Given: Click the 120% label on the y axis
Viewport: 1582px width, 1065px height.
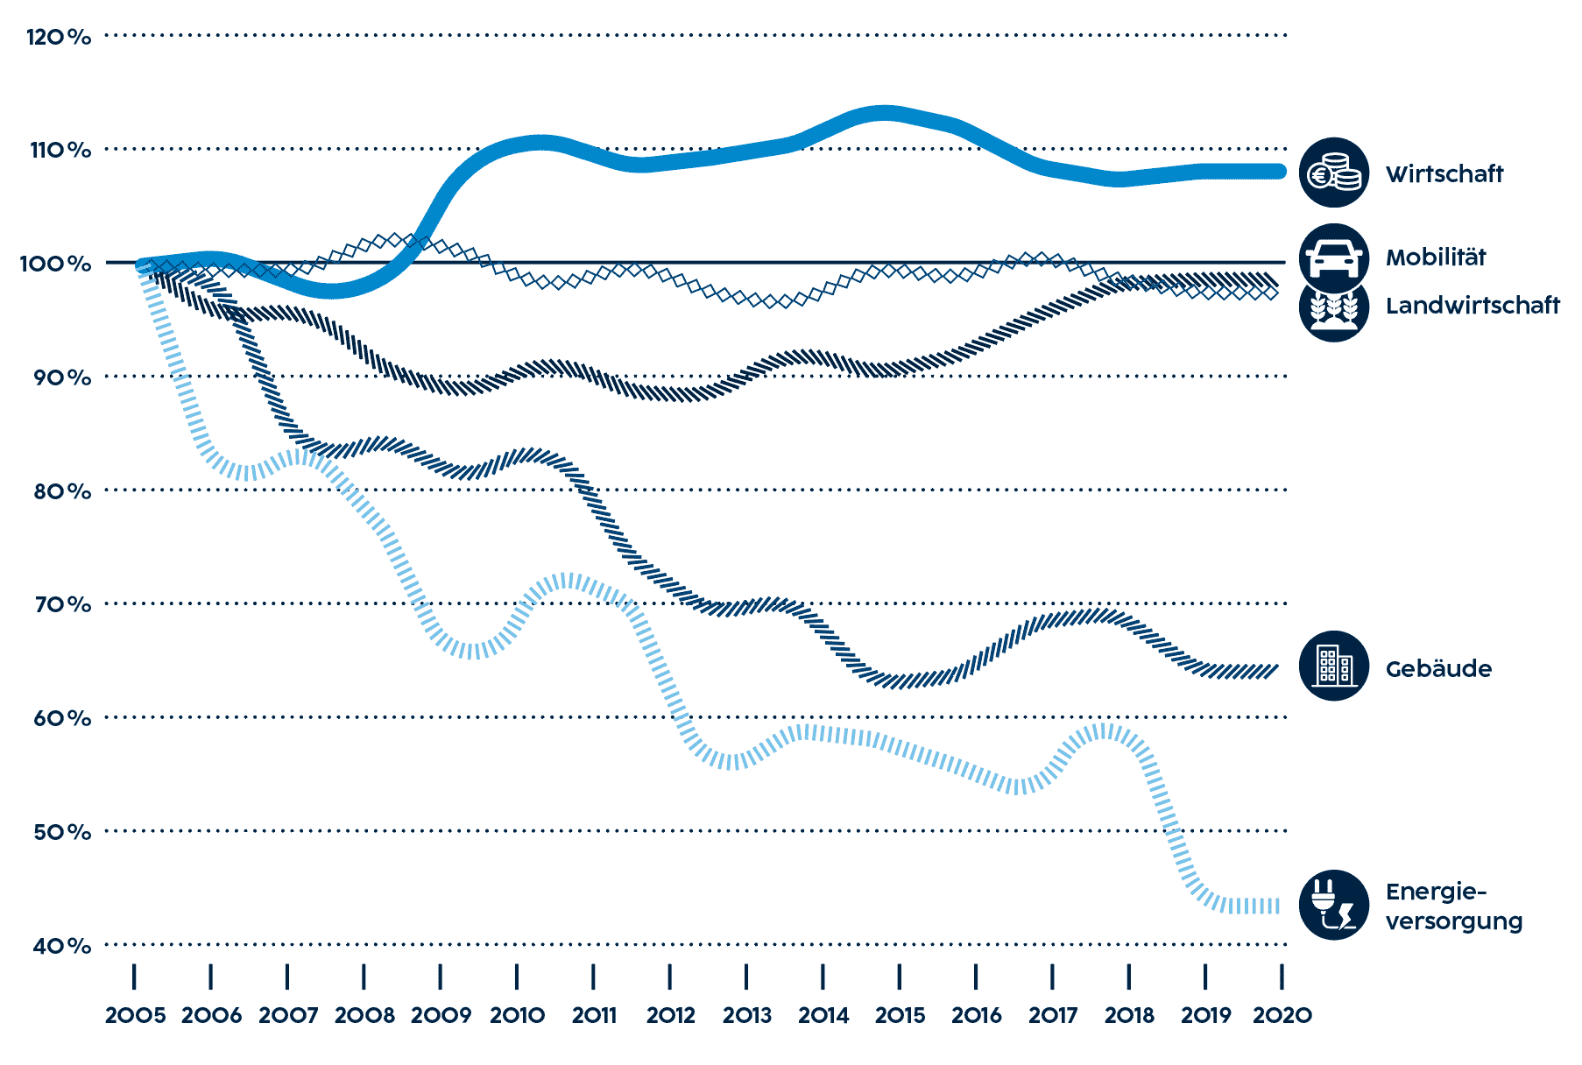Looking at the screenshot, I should tap(59, 37).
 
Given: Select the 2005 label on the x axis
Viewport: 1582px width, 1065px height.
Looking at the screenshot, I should tap(135, 1016).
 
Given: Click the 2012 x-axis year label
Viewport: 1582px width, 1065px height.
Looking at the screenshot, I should tap(670, 1016).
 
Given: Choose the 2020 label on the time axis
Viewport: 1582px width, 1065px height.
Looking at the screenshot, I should tap(1282, 1016).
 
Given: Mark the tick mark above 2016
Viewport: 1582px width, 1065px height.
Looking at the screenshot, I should tap(976, 977).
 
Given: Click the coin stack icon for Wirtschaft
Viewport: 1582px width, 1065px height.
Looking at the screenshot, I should tap(1333, 173).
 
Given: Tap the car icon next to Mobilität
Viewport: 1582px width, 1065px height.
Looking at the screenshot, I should tap(1333, 256).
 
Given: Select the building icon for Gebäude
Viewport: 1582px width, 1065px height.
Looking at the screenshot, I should tap(1333, 667).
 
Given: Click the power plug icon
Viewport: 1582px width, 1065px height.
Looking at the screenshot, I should tap(1333, 906).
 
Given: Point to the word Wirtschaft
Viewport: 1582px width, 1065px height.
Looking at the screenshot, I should tap(1444, 173).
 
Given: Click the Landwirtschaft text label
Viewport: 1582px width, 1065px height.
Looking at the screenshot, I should tap(1473, 305).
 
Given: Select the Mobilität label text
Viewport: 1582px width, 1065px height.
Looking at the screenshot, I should tap(1436, 257).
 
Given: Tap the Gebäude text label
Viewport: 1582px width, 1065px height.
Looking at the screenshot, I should tap(1438, 669).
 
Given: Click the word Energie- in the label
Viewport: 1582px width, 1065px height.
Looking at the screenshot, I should tap(1436, 892).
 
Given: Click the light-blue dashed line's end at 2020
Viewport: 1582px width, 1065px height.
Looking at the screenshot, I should tap(1277, 906).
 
